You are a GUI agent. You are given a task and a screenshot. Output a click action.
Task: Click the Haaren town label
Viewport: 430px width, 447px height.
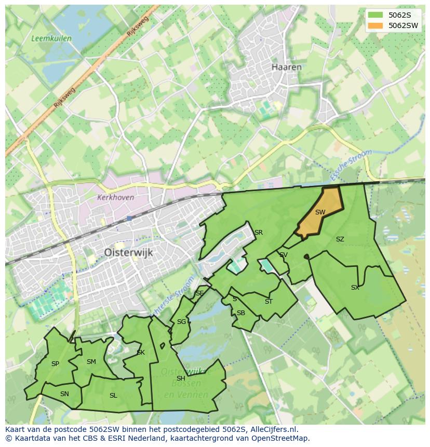tap(286, 67)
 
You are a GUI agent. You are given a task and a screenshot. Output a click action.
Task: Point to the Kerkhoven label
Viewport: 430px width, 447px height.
tap(115, 197)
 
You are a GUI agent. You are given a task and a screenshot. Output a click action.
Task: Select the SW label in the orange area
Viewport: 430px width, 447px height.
tap(320, 212)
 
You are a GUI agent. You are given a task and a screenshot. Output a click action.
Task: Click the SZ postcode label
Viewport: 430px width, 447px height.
tap(340, 239)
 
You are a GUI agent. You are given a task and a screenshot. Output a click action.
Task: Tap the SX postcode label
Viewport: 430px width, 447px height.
tap(355, 287)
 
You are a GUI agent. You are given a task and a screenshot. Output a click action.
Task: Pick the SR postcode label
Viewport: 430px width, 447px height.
tap(258, 232)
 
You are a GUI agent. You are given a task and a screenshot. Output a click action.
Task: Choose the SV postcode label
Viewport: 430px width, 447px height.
tap(283, 254)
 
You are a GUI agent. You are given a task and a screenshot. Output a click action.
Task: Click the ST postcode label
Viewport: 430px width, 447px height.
tap(268, 301)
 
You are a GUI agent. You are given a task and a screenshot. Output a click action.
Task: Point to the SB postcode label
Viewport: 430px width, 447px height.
tap(240, 313)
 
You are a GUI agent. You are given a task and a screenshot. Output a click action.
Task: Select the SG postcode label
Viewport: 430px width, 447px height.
tap(181, 321)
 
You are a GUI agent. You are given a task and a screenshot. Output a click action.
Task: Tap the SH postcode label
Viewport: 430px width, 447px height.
tap(181, 378)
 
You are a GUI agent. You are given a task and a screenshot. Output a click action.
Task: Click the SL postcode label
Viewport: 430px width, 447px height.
tap(113, 395)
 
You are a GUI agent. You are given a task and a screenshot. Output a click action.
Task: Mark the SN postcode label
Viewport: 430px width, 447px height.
tap(64, 394)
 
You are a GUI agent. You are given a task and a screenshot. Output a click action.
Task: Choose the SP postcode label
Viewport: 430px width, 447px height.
tap(55, 364)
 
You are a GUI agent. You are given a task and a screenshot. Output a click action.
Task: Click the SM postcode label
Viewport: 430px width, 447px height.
tap(91, 362)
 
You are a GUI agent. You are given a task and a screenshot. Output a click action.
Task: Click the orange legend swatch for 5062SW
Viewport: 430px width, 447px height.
tap(376, 25)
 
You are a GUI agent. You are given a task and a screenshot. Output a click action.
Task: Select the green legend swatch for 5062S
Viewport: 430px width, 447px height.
tap(376, 15)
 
